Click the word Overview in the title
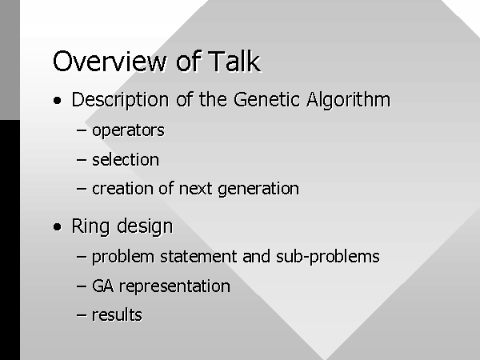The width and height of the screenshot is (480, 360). pyautogui.click(x=110, y=62)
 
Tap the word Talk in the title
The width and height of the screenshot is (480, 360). pyautogui.click(x=234, y=62)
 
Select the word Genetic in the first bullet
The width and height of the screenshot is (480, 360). pyautogui.click(x=266, y=99)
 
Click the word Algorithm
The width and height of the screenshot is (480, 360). pyautogui.click(x=348, y=100)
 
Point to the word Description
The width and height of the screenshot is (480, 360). pyautogui.click(x=120, y=100)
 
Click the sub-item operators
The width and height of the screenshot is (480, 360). pyautogui.click(x=128, y=130)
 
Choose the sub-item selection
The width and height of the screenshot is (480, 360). pyautogui.click(x=126, y=159)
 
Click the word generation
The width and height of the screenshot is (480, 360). pyautogui.click(x=258, y=189)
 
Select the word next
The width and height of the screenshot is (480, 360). pyautogui.click(x=195, y=189)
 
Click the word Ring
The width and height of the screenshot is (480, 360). pyautogui.click(x=90, y=226)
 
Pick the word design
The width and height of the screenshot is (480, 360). pyautogui.click(x=145, y=226)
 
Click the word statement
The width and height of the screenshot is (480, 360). pyautogui.click(x=198, y=257)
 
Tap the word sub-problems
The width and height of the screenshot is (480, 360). pyautogui.click(x=327, y=257)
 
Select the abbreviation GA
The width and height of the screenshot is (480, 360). pyautogui.click(x=103, y=286)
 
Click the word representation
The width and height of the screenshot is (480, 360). pyautogui.click(x=174, y=286)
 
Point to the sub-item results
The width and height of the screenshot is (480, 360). pyautogui.click(x=117, y=315)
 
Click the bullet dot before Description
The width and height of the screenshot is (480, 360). pyautogui.click(x=58, y=101)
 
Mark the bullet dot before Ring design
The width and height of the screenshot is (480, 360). pyautogui.click(x=58, y=227)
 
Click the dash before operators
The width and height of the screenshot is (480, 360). pyautogui.click(x=82, y=130)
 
